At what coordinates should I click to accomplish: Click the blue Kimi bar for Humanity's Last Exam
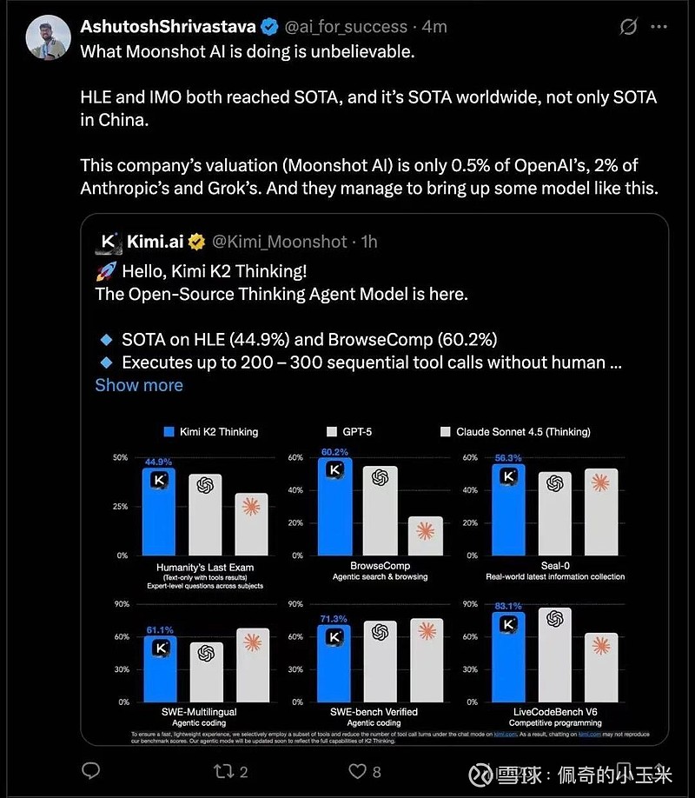coord(158,513)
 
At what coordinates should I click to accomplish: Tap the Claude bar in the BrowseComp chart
coord(426,535)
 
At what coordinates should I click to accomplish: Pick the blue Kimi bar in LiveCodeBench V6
coord(508,657)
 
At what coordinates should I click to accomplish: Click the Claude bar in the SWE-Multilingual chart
coord(253,664)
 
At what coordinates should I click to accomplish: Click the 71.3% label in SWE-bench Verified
coord(334,619)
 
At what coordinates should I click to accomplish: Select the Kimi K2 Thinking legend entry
coord(213,431)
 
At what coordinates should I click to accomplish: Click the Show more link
coord(139,385)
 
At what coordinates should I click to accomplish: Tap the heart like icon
coord(356,770)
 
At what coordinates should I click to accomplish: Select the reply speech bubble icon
coord(91,770)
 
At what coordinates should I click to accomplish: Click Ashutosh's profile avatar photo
coord(48,40)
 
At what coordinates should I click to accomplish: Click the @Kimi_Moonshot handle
coord(279,242)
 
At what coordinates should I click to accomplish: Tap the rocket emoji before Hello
coord(104,270)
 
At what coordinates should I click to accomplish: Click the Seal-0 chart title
coord(557,566)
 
